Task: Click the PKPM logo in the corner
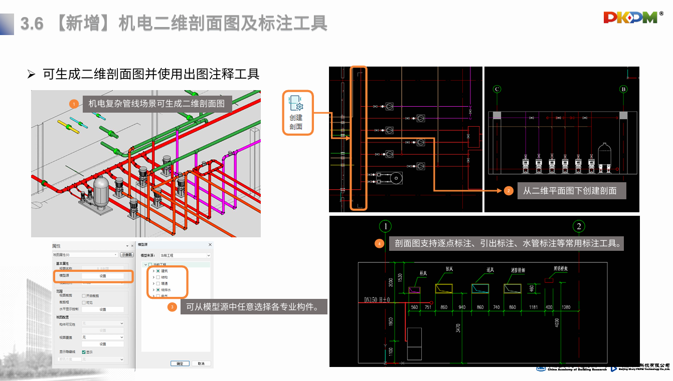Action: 630,18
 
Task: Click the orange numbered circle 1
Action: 74,104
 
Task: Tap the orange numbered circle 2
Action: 509,191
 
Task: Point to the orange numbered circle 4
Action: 380,244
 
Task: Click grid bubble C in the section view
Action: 497,90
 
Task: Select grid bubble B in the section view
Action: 624,90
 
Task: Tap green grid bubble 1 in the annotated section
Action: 385,226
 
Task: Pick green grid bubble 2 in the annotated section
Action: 579,226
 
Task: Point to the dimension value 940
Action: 461,307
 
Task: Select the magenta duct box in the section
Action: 414,289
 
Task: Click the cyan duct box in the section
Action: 480,289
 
